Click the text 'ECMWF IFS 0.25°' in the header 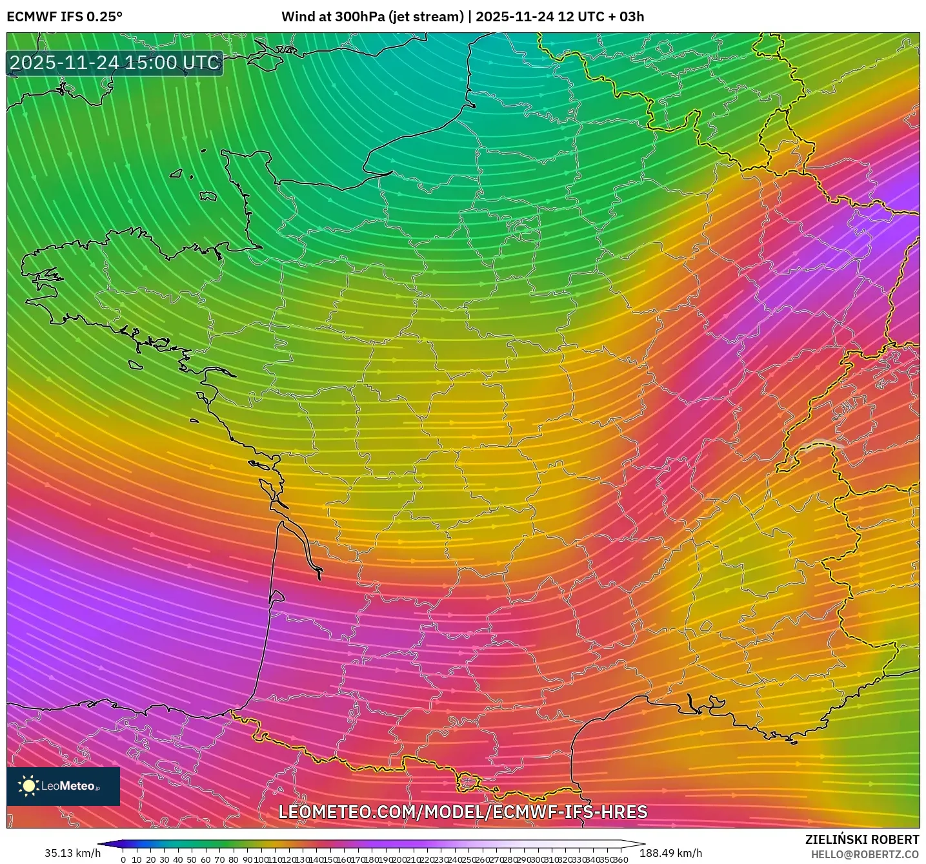point(65,17)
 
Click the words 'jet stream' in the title point(426,17)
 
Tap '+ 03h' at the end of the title point(623,17)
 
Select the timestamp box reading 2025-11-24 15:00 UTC point(115,63)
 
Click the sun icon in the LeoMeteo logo point(28,786)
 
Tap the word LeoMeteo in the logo point(68,786)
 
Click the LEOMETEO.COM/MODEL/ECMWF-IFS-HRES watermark point(463,812)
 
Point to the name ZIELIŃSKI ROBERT point(861,839)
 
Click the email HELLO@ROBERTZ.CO point(865,854)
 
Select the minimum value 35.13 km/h point(72,853)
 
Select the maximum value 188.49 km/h point(670,853)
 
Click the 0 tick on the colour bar point(123,859)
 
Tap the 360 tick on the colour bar point(620,859)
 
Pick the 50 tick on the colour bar point(192,859)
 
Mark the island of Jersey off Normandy point(208,195)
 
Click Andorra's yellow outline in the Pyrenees point(467,783)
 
